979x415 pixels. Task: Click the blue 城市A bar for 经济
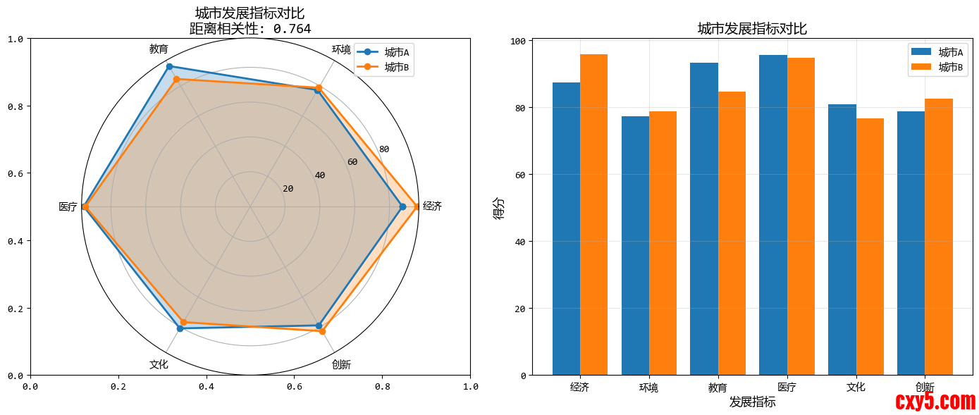click(x=566, y=229)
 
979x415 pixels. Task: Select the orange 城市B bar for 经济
click(x=593, y=215)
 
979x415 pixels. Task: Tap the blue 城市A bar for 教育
click(x=704, y=219)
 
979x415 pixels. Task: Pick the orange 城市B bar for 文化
click(x=870, y=247)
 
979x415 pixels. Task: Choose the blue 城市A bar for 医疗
click(x=773, y=215)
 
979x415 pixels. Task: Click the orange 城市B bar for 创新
click(x=939, y=237)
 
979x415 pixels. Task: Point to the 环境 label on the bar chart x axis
click(x=648, y=387)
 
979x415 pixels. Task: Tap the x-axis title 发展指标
click(x=752, y=402)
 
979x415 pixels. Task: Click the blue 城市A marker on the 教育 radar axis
click(x=169, y=66)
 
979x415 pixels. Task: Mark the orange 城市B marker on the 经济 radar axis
click(x=417, y=206)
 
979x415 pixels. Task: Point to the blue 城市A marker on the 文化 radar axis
click(x=180, y=328)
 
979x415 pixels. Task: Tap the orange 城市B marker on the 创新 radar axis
click(x=323, y=331)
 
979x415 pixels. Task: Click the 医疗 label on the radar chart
click(x=68, y=207)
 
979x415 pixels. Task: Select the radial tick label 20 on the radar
click(x=288, y=189)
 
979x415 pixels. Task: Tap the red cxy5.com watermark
click(x=935, y=402)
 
